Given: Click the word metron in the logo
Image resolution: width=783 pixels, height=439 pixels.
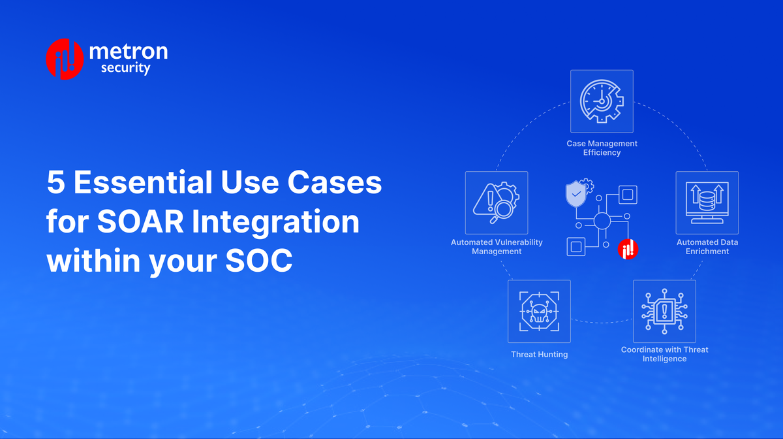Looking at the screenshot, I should [x=127, y=51].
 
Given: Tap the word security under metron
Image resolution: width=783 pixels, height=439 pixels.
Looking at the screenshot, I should [x=125, y=68].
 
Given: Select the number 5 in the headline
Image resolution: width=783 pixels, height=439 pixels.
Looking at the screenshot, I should [x=55, y=183].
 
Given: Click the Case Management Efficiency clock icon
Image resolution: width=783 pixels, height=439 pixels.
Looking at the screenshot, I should [x=602, y=101].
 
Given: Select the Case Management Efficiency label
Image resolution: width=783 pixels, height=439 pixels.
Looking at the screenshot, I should [x=602, y=148].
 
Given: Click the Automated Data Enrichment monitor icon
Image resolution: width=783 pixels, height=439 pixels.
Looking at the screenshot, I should [x=707, y=203].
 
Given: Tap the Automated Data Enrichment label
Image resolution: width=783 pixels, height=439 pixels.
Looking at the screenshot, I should [x=707, y=247].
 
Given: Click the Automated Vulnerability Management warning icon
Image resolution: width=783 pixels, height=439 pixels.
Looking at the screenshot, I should [x=497, y=203].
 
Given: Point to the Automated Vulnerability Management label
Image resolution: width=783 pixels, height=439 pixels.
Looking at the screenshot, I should [x=497, y=247].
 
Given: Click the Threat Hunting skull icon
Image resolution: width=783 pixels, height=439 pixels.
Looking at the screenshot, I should [x=539, y=312].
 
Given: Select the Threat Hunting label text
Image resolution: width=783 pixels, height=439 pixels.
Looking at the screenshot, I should [x=539, y=354].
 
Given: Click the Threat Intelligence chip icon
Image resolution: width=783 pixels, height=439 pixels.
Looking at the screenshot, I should [x=664, y=312].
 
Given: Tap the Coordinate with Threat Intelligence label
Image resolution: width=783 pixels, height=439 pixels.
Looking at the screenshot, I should [x=664, y=354].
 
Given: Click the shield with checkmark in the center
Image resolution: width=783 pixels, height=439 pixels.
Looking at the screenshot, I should [x=576, y=194].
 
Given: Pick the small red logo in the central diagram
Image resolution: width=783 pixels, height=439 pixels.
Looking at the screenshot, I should [x=628, y=249].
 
